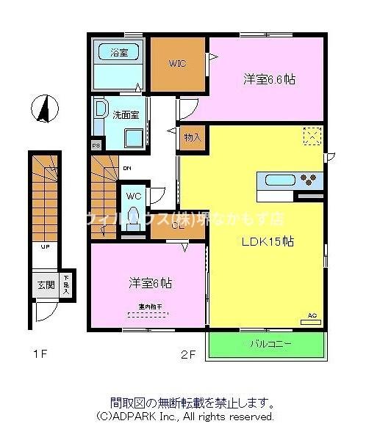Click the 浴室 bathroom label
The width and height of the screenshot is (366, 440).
pos(118,52)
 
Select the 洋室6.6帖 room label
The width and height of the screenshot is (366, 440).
pos(270,79)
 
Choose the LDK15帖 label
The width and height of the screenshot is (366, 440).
pos(268,242)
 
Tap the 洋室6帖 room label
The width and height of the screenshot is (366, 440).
pos(151,282)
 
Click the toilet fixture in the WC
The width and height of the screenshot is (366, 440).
pos(133,218)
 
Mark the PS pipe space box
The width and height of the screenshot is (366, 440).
pos(96,145)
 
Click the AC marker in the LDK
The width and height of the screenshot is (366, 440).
pos(312,316)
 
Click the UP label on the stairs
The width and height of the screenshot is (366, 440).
pos(45,247)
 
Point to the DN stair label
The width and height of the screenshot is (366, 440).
pos(126,167)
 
